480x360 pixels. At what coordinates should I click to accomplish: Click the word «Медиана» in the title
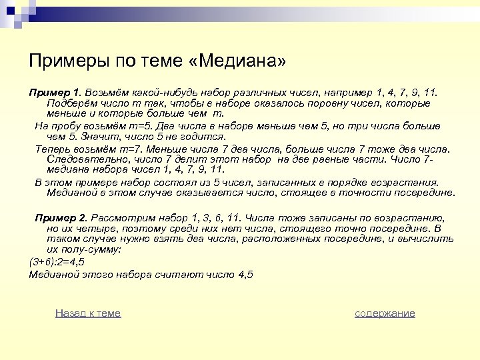[x=247, y=62]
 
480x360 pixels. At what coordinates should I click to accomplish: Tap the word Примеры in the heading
[x=60, y=62]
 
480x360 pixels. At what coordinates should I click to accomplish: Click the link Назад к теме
[x=88, y=313]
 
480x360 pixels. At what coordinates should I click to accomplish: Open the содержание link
[x=385, y=313]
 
